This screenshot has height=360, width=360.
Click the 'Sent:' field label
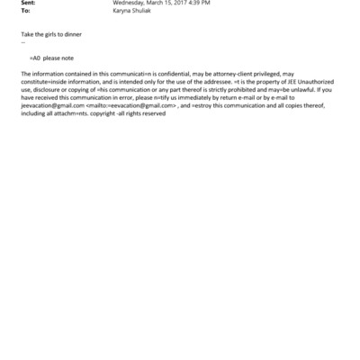point(28,4)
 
